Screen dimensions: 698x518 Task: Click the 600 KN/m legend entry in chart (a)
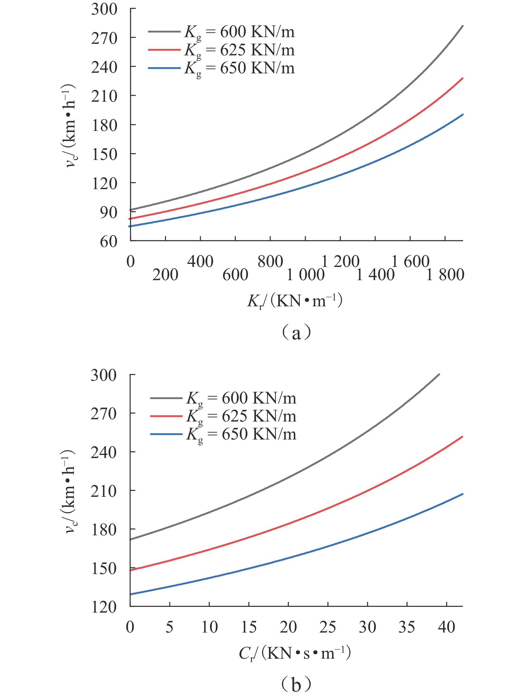[x=221, y=32]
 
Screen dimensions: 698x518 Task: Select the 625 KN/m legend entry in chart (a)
[x=221, y=50]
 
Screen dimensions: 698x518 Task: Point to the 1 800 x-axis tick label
[x=445, y=275]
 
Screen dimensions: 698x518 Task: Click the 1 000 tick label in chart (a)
[x=305, y=275]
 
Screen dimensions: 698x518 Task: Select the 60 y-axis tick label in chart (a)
[x=108, y=242]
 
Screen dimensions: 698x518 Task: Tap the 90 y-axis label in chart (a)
[x=108, y=212]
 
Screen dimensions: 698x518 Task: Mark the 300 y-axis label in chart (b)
[x=104, y=375]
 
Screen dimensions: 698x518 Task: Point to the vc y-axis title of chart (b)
[x=70, y=491]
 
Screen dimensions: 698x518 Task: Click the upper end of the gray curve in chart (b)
[x=439, y=375]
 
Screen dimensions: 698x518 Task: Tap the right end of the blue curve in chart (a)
[x=463, y=115]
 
